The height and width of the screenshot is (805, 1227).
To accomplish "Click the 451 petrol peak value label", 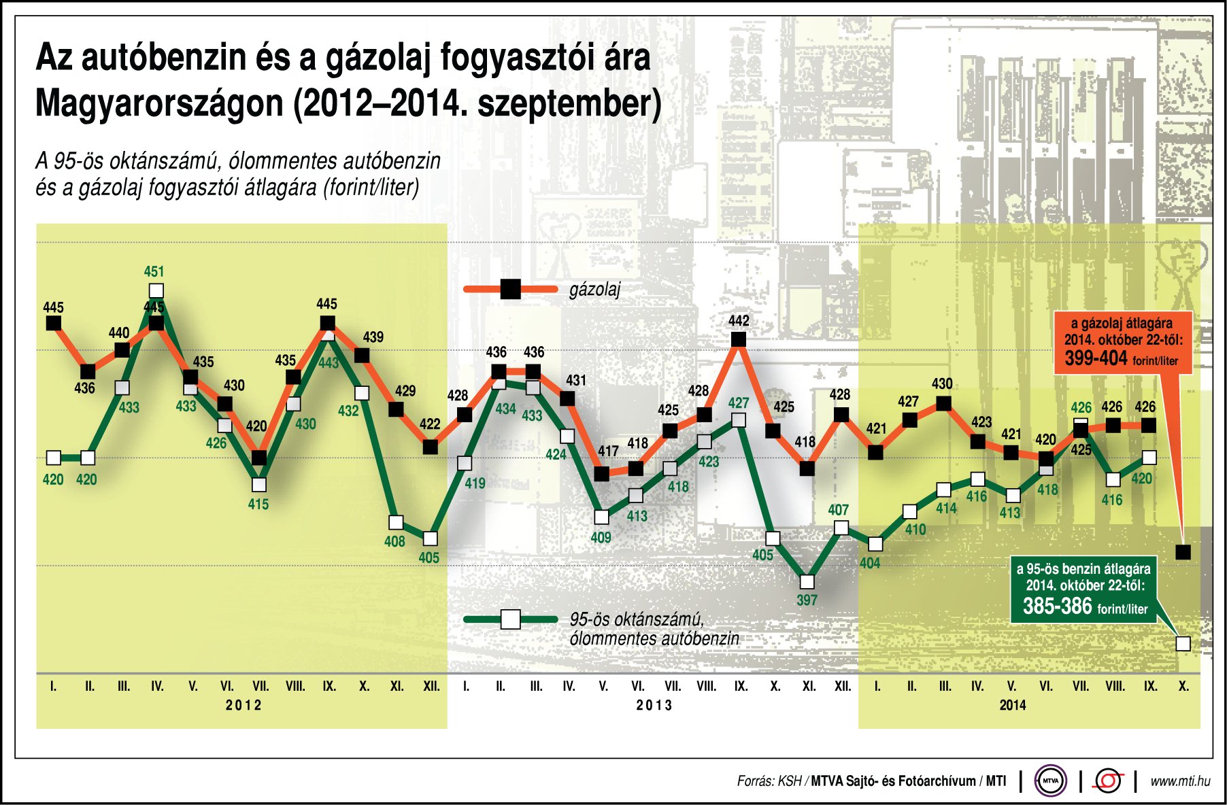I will [154, 272].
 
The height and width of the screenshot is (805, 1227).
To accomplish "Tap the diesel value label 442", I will [739, 320].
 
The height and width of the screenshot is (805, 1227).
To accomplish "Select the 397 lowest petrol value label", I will [807, 600].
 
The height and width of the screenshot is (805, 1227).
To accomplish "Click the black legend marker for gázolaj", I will [510, 289].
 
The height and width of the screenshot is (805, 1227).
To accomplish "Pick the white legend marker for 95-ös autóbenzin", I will [510, 619].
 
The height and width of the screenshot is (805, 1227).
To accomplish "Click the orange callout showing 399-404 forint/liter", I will [1122, 342].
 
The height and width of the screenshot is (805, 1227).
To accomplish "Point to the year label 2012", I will [243, 705].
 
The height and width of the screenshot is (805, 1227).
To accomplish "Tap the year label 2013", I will [654, 705].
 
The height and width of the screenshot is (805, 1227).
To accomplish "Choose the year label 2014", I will [1012, 705].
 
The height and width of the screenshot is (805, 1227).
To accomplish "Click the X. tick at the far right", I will [1183, 687].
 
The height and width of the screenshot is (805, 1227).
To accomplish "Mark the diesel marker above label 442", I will [738, 339].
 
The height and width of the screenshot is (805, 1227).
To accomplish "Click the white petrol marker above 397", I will [807, 582].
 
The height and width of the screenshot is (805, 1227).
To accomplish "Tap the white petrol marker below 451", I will [156, 292].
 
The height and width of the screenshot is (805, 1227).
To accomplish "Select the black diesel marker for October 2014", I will [1183, 551].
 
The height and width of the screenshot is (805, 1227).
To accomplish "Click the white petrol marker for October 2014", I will [1183, 643].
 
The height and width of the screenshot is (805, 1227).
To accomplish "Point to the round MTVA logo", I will [1050, 781].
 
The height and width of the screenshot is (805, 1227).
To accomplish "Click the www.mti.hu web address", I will [1180, 781].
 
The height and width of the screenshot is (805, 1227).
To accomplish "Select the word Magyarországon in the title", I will [159, 104].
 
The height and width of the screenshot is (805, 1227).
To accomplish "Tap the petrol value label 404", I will [869, 563].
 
